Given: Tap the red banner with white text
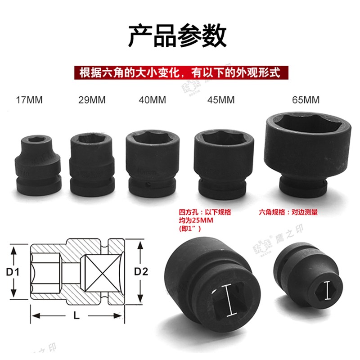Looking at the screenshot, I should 180,72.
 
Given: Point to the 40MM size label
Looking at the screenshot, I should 153,100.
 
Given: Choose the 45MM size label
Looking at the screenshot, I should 220,100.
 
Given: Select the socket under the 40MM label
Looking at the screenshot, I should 153,162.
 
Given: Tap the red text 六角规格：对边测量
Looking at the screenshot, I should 288,212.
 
